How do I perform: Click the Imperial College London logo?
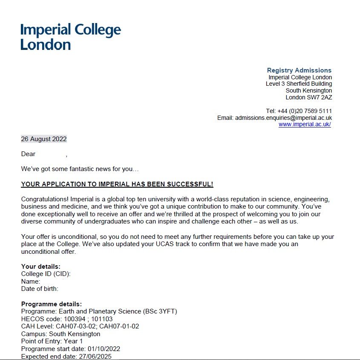[x=71, y=37]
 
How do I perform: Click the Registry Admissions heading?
[x=299, y=70]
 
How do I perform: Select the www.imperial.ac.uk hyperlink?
[x=305, y=125]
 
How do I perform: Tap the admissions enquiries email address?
[x=283, y=118]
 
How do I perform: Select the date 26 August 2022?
[x=44, y=139]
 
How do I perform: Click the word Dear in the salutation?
[x=29, y=154]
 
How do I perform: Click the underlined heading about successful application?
[x=117, y=184]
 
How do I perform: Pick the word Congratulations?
[x=44, y=199]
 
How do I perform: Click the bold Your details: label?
[x=41, y=267]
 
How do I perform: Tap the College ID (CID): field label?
[x=46, y=274]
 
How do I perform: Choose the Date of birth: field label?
[x=40, y=289]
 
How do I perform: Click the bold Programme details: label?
[x=52, y=304]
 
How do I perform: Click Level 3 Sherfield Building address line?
[x=299, y=84]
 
